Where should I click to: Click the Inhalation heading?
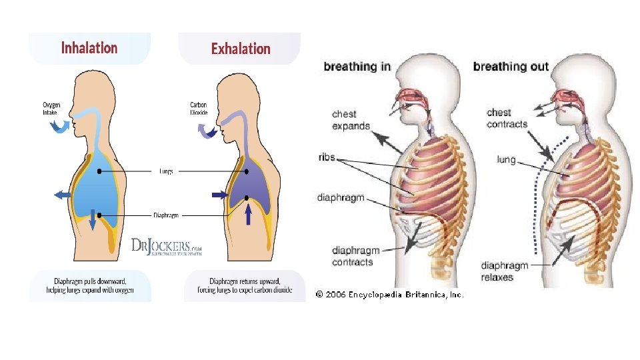click(89, 48)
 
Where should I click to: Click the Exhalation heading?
click(241, 49)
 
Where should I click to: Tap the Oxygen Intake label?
click(51, 109)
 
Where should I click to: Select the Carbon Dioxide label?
click(199, 109)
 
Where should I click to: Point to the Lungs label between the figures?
click(166, 171)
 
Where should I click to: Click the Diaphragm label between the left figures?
click(166, 215)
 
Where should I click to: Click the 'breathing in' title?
click(357, 66)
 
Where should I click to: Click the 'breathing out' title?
click(511, 66)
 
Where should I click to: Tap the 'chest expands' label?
click(351, 120)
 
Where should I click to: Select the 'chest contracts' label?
click(507, 118)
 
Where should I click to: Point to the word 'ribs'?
click(327, 158)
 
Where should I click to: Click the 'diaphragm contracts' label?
click(356, 256)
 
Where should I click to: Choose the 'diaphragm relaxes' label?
click(504, 271)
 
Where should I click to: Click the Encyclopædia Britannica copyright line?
click(389, 294)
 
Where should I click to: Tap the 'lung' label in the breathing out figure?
click(506, 159)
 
